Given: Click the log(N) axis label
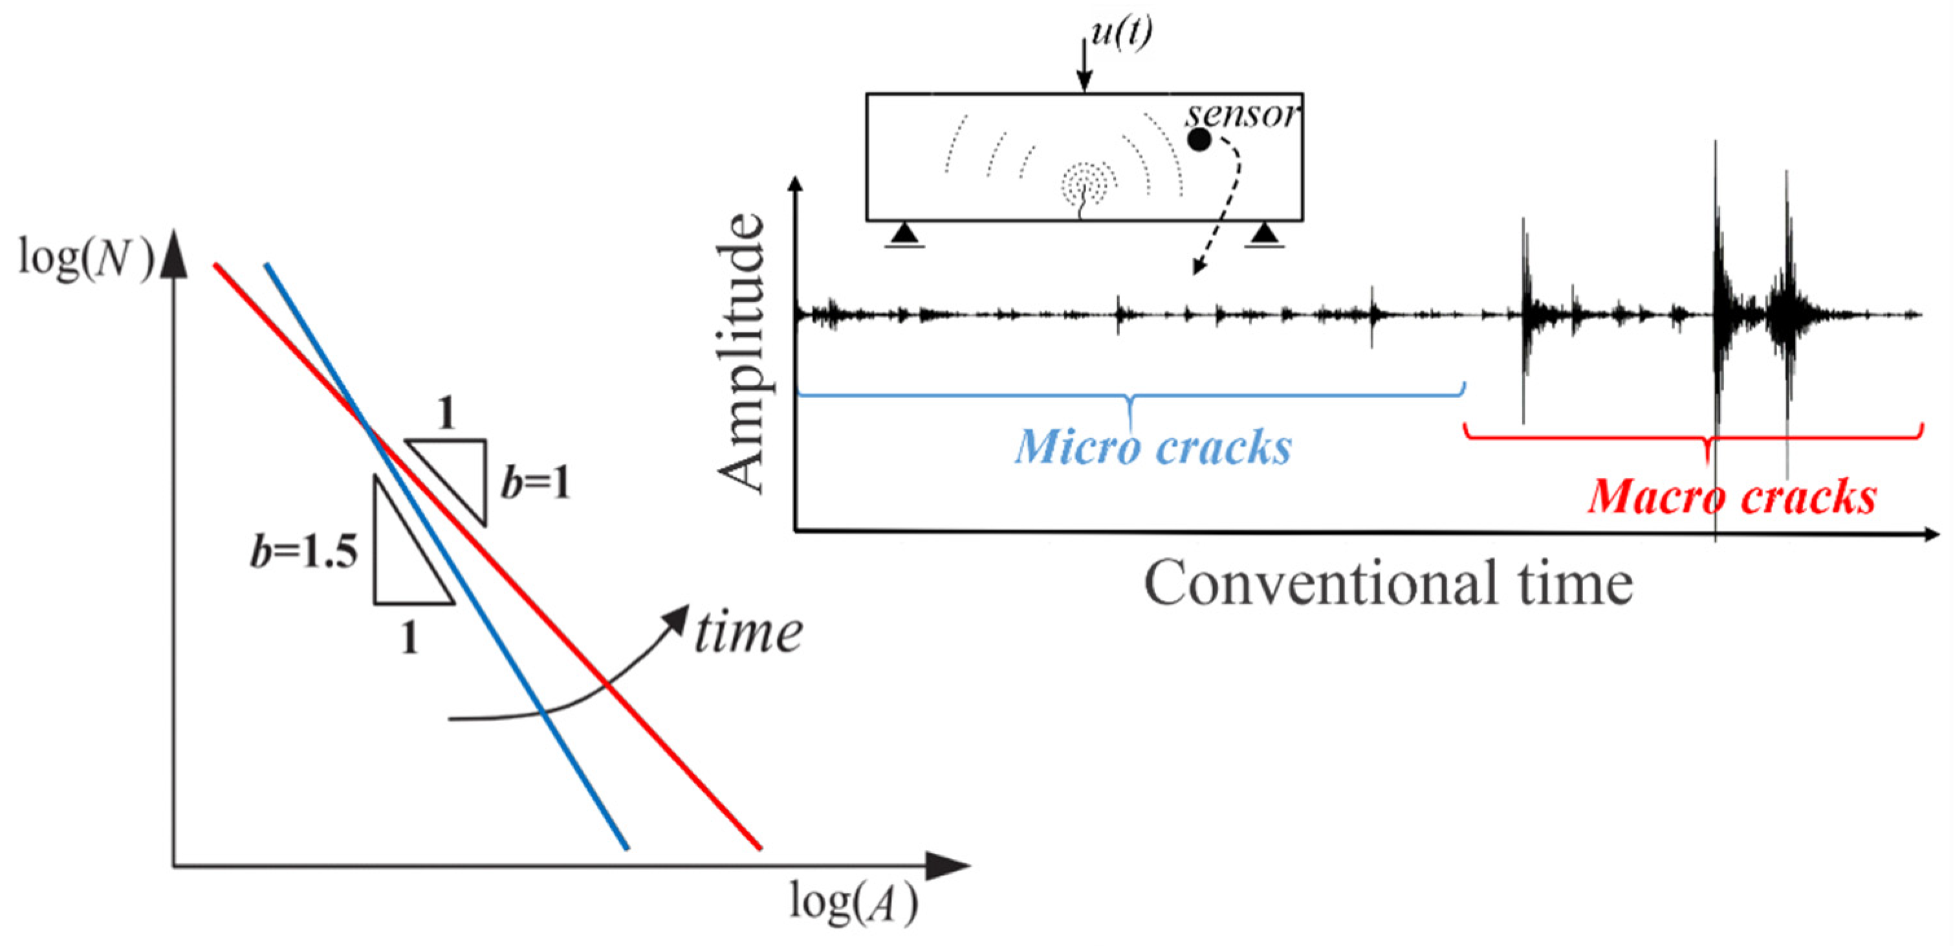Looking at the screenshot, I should click(x=85, y=258).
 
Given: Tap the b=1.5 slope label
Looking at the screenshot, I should click(x=303, y=551).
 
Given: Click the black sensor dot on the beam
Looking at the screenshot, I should click(x=1199, y=139).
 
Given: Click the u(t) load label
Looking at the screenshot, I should click(x=1121, y=34).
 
